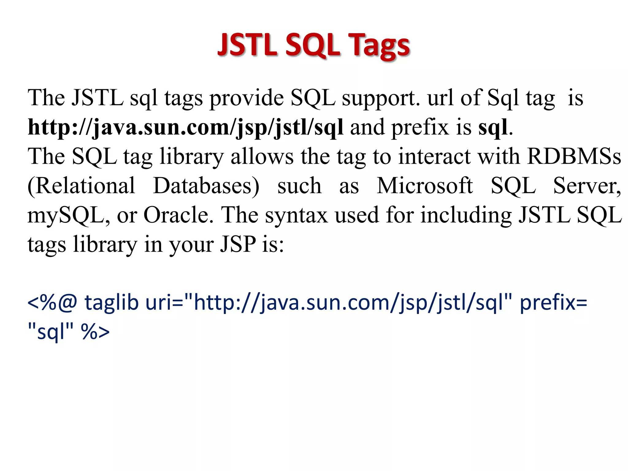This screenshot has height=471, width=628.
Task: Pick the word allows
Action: point(262,156)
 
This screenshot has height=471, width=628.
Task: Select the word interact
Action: point(434,156)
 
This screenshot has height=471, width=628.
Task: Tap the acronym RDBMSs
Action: point(574,156)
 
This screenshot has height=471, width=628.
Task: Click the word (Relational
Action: point(81,186)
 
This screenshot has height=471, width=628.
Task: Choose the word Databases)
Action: point(206,186)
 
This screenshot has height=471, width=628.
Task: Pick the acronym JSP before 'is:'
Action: point(238,244)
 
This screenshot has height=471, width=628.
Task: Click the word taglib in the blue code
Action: point(111,302)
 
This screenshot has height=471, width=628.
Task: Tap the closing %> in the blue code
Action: point(95,331)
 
